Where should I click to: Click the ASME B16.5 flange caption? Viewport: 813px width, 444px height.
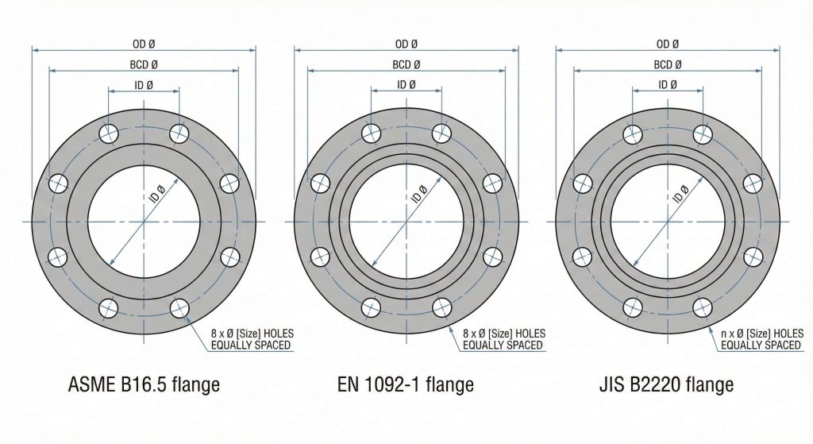pos(144,384)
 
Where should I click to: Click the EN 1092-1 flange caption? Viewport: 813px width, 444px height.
pos(406,384)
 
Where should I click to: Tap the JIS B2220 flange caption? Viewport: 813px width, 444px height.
pos(666,384)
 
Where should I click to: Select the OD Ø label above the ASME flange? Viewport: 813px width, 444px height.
pos(144,44)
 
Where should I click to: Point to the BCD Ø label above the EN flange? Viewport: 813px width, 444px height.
pos(406,65)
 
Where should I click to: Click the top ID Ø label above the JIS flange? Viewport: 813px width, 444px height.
pos(667,84)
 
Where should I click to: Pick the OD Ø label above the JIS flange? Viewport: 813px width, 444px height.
pos(667,44)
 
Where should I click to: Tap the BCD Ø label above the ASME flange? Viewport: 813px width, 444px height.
pos(144,65)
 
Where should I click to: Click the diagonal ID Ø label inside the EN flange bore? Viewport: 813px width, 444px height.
pos(419,194)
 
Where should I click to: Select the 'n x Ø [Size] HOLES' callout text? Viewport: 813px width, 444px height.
pos(762,334)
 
